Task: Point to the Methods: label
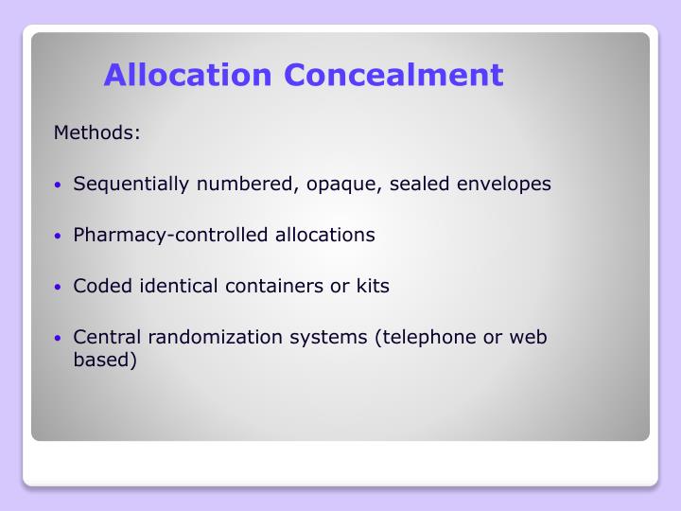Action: pos(97,132)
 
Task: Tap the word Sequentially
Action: pos(131,185)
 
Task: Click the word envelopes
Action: pos(503,184)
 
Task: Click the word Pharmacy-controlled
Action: pos(171,235)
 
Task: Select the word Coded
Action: pos(99,286)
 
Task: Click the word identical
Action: pos(175,286)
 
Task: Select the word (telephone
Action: pos(424,337)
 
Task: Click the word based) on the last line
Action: pos(105,360)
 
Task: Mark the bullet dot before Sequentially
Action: pos(59,185)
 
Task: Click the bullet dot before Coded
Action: pos(59,287)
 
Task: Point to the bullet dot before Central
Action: pos(59,338)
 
